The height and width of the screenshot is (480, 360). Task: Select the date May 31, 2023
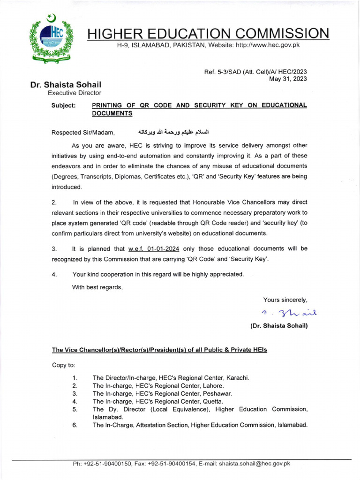coord(288,79)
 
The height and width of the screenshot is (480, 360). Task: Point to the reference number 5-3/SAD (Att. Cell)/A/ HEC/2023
coord(255,72)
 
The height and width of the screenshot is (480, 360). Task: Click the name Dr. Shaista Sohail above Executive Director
coord(66,85)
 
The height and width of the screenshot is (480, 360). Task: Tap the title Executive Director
coord(67,93)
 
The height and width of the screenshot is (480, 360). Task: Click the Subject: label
coord(63,105)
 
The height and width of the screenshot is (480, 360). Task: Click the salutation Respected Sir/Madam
coord(83,132)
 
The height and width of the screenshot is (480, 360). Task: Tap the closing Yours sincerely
coord(285,300)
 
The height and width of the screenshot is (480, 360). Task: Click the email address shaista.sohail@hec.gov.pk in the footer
coord(255,464)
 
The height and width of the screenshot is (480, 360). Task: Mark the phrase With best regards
coord(97,287)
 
